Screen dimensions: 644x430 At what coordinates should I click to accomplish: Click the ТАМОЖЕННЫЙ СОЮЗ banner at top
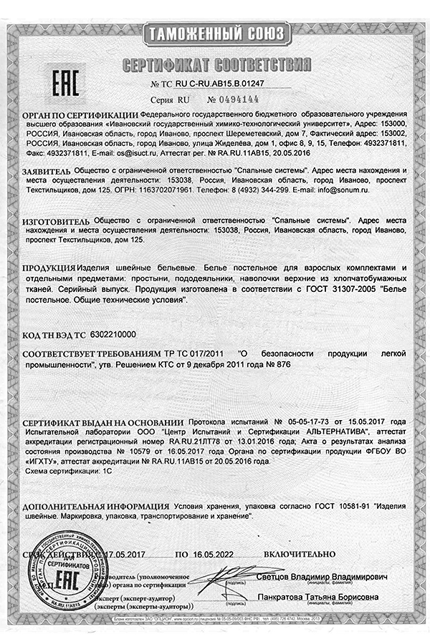click(215, 34)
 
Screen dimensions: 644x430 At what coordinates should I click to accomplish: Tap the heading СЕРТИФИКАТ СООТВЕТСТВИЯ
click(215, 66)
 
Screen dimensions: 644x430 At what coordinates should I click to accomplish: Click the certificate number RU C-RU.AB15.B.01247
click(215, 84)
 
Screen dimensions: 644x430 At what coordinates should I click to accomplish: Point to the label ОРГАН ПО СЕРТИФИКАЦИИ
click(80, 114)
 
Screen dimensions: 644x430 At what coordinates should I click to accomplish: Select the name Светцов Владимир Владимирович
click(322, 577)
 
